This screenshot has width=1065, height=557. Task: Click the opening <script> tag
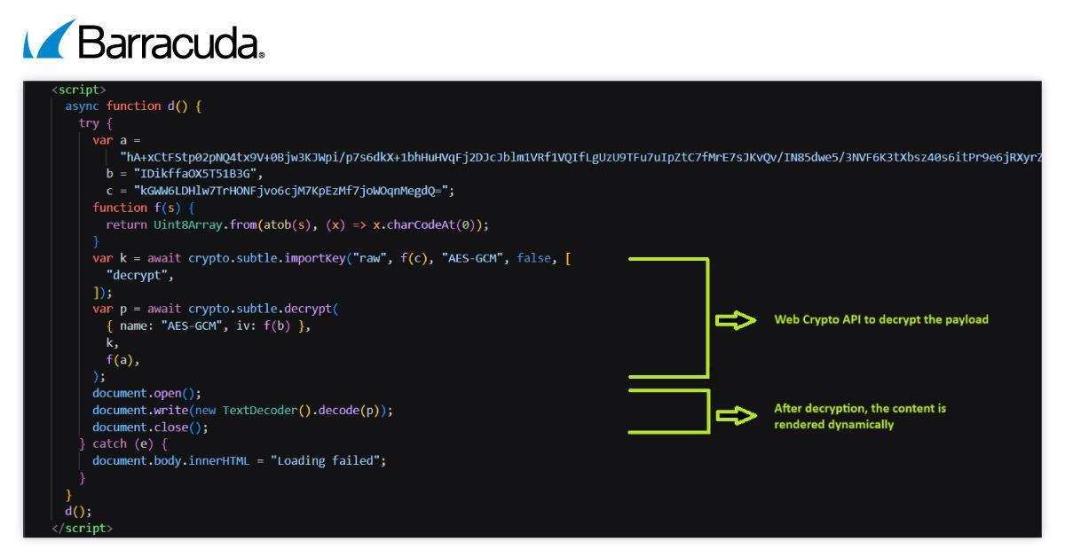(78, 89)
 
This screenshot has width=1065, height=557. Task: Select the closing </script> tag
(82, 528)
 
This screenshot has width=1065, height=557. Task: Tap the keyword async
(82, 106)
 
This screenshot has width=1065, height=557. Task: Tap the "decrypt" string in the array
(139, 275)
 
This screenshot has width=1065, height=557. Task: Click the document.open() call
(146, 393)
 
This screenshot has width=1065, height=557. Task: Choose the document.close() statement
(150, 427)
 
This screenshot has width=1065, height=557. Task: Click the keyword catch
(109, 443)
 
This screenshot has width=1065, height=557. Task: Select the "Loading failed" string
(328, 460)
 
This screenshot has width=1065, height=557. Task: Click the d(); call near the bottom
(78, 511)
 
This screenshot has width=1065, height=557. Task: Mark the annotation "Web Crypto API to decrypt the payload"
(880, 319)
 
